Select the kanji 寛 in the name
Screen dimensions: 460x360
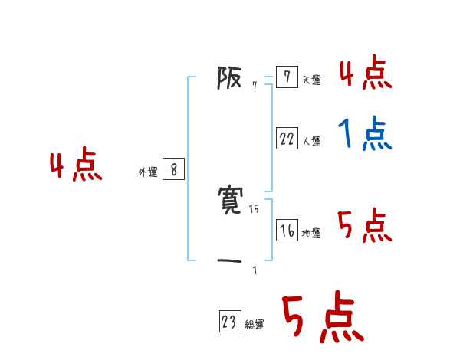pos(232,201)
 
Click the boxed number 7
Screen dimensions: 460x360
pos(287,77)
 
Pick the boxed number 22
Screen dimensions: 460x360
pos(287,139)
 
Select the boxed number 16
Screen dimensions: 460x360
pos(287,231)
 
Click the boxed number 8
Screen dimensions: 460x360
pos(173,170)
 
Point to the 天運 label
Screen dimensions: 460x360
pos(311,80)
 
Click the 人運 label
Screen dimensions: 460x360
pos(311,141)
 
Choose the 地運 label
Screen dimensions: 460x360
pos(311,233)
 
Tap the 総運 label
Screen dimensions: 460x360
pos(255,325)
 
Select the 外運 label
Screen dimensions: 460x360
pos(147,173)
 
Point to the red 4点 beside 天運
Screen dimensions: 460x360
pos(365,74)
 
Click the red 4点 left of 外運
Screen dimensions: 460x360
pos(76,166)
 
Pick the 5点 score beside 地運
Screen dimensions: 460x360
pos(365,226)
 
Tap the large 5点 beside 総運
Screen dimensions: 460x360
pos(322,319)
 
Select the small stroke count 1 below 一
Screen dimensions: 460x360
pos(255,270)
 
